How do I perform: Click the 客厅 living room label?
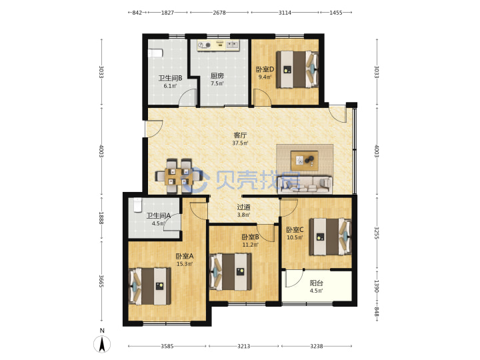tap(240, 135)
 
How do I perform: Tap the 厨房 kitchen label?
tap(217, 75)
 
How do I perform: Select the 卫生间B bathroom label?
tap(170, 78)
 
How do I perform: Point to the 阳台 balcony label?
tap(316, 283)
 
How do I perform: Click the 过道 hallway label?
tap(244, 207)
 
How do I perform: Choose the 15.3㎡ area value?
tap(185, 263)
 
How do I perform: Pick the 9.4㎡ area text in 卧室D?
tap(265, 77)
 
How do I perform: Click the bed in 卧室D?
tap(297, 69)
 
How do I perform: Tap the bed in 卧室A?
tap(150, 286)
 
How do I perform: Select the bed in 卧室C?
tap(330, 236)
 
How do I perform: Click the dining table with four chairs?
tap(179, 176)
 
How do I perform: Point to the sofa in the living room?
tap(305, 184)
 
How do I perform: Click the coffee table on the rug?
tap(304, 161)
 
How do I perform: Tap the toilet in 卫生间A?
tap(137, 205)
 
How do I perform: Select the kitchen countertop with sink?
tap(219, 45)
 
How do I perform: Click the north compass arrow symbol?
tap(102, 343)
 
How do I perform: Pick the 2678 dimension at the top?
tap(219, 13)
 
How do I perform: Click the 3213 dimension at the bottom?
tap(243, 346)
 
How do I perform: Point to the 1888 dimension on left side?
tap(101, 217)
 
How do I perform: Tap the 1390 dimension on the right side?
tap(377, 286)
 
